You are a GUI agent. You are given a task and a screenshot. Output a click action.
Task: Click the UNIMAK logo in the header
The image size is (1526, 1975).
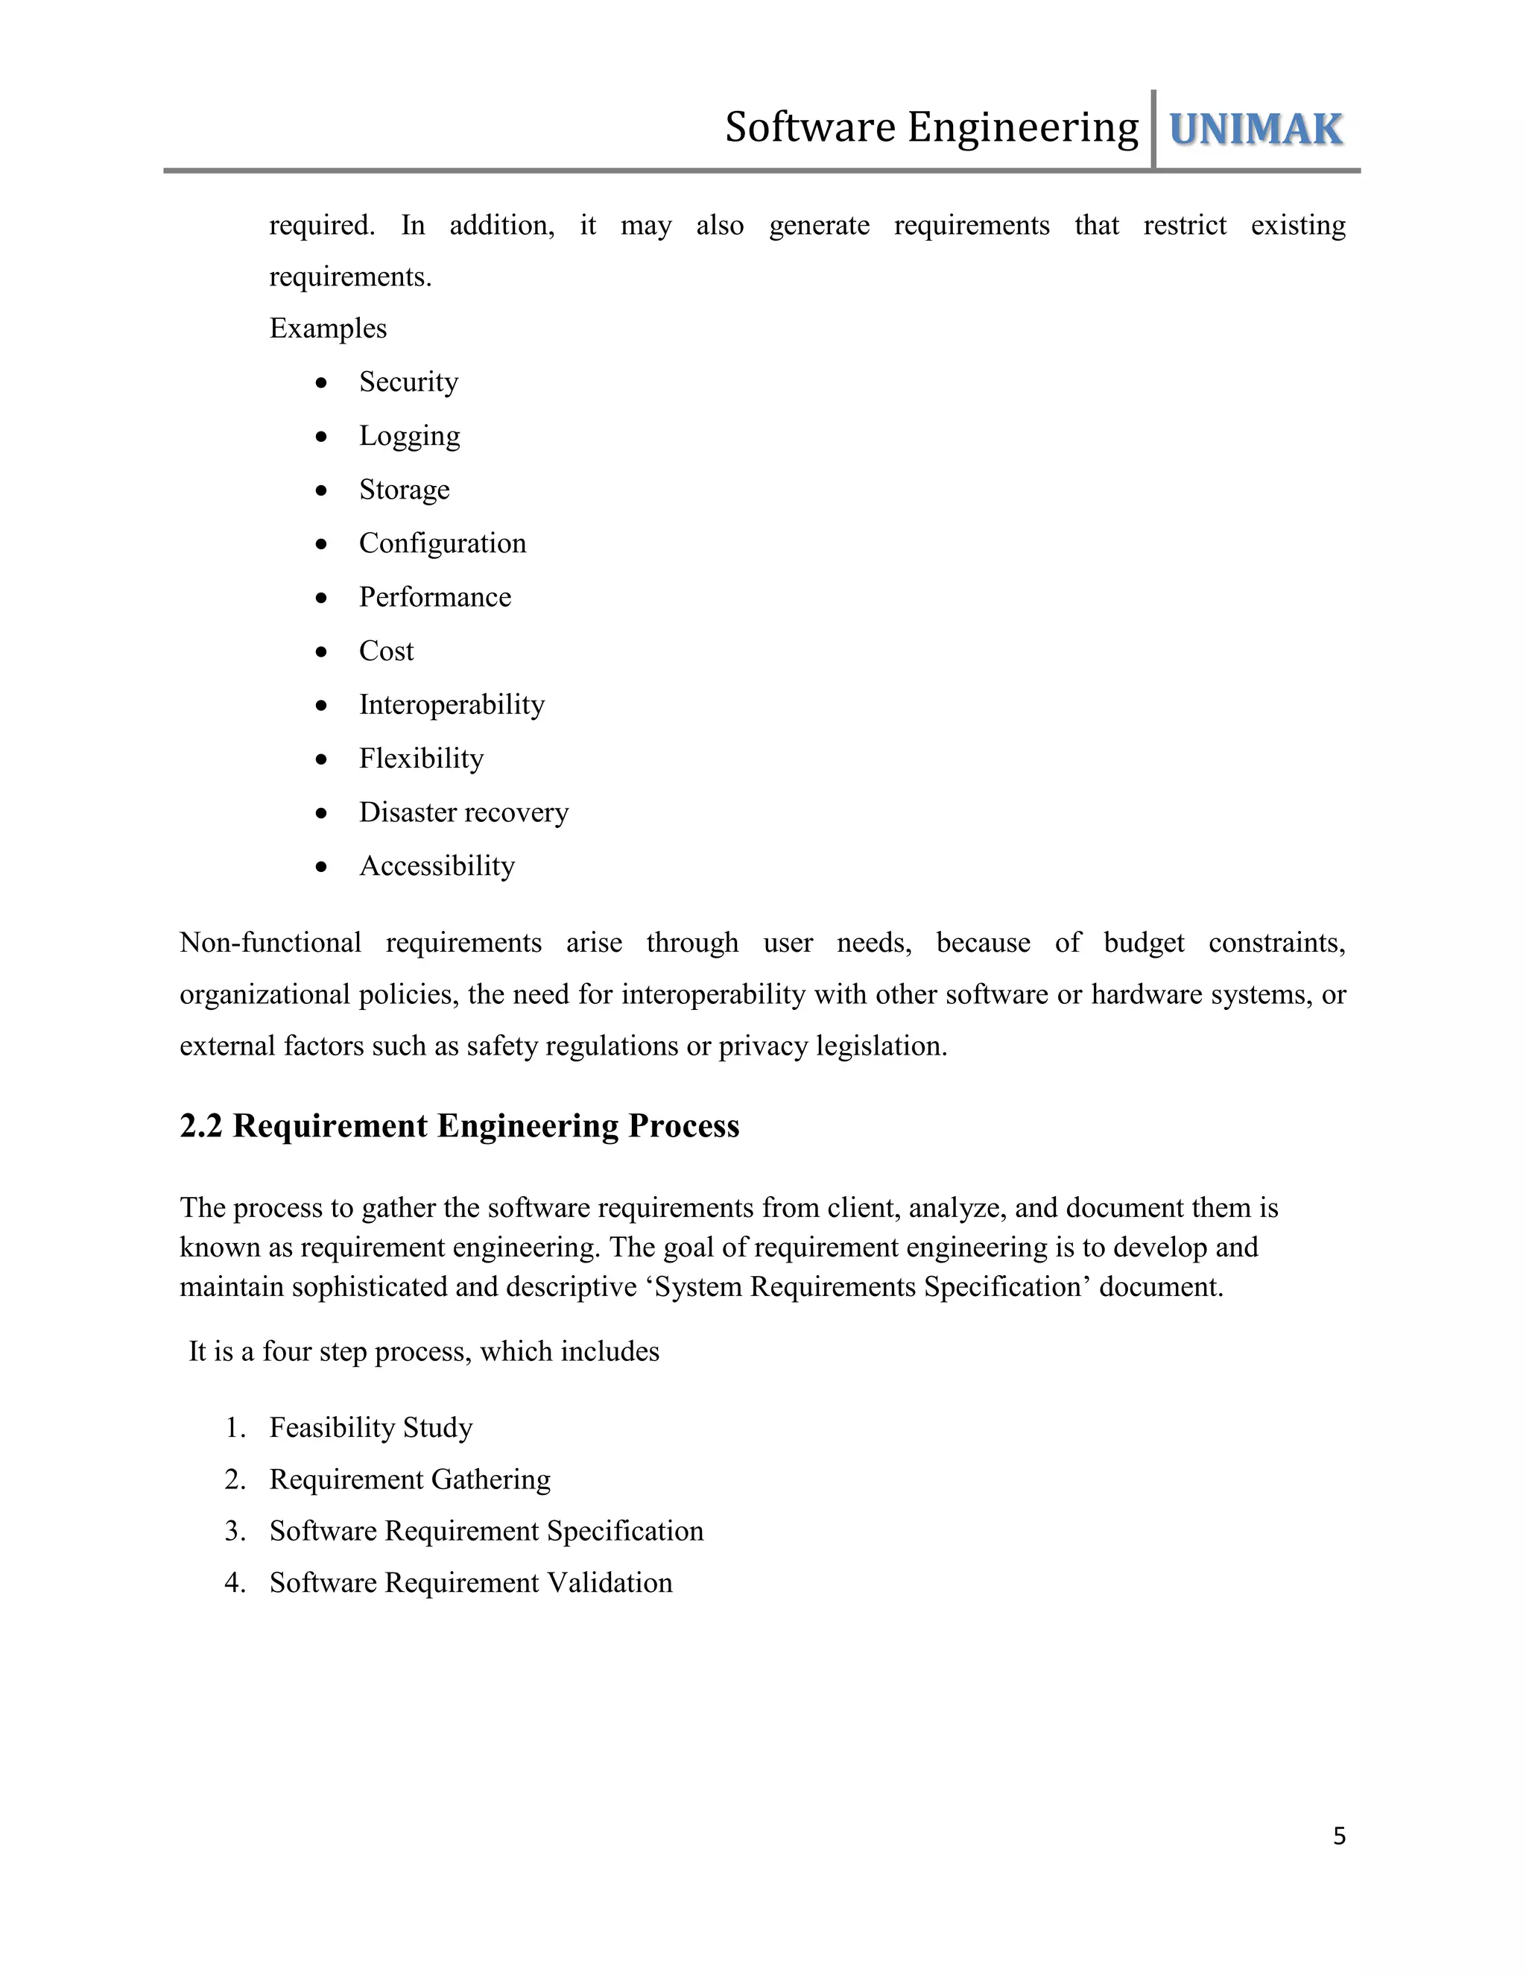[x=1255, y=130]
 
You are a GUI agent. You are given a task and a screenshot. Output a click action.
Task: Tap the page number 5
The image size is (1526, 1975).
[x=1339, y=1836]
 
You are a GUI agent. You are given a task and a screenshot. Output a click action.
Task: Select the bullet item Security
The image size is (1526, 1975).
[x=408, y=382]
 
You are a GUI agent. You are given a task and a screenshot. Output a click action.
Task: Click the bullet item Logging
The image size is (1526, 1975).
[x=410, y=436]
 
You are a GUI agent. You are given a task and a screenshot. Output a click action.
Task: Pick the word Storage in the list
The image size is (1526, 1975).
[x=404, y=489]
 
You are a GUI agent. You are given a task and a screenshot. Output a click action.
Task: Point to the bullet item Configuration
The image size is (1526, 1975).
[x=442, y=543]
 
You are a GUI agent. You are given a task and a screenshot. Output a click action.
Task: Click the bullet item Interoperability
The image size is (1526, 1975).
[x=452, y=704]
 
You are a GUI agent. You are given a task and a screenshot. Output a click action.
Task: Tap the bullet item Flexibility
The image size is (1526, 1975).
[x=421, y=758]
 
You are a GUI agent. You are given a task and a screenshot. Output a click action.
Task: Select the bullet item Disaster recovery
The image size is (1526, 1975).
[x=463, y=812]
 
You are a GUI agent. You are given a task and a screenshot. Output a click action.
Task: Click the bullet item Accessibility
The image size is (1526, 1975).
[x=437, y=865]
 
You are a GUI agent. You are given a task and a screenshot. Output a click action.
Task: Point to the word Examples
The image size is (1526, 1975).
[x=328, y=328]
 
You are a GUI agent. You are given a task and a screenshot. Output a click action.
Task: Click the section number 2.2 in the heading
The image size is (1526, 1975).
[x=200, y=1126]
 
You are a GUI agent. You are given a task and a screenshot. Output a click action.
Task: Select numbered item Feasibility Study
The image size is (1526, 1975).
[x=370, y=1427]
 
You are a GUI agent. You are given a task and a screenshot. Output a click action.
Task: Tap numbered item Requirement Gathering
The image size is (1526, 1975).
[x=410, y=1479]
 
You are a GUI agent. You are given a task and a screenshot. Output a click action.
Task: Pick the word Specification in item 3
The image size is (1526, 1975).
[x=624, y=1530]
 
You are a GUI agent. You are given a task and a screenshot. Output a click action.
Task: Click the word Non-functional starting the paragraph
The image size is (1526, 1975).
[x=270, y=942]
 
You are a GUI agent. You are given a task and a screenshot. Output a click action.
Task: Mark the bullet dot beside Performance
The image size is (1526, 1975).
[x=322, y=598]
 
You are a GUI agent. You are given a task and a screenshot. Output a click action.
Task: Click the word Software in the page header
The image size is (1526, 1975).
[x=810, y=127]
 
